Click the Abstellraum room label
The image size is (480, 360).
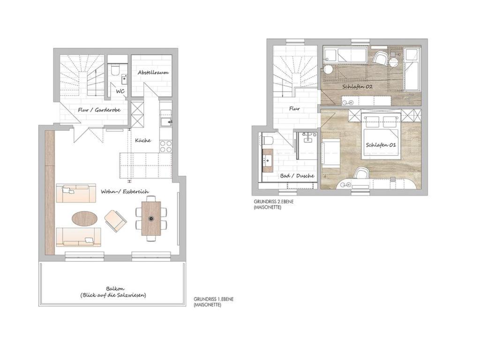pos(153,73)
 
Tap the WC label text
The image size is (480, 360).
pos(120,91)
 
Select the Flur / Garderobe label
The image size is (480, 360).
pos(99,110)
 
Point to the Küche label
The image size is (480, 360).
pos(143,140)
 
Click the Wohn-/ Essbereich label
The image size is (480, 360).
pos(125,192)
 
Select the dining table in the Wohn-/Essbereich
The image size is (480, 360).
pos(151,218)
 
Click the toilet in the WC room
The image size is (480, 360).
pos(115,70)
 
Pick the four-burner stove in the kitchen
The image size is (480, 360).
pos(166,146)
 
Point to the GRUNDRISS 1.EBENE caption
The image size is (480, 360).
pos(214,299)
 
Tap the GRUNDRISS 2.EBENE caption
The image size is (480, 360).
pos(273,202)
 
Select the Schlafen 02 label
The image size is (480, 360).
pos(357,87)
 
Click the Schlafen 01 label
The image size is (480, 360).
pos(381,145)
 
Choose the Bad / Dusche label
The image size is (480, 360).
pos(297,176)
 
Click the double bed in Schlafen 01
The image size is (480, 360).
pos(381,136)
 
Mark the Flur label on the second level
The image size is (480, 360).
pos(294,108)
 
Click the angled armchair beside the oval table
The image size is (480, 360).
pos(116,221)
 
